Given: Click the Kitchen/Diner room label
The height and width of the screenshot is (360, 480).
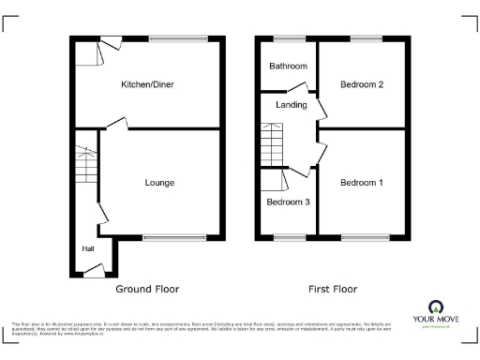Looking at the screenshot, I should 147,84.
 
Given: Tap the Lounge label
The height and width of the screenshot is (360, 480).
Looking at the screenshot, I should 158,182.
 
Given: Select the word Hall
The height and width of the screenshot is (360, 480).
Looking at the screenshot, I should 87,248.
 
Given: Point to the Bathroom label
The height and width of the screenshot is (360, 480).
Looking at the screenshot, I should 288,67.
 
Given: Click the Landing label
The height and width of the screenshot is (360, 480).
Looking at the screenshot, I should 291,105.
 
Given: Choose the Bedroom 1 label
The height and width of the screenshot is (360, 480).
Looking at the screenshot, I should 361,182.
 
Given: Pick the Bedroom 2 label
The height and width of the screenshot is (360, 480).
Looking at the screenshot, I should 361,84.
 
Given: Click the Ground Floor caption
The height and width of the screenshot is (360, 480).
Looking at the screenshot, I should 147,289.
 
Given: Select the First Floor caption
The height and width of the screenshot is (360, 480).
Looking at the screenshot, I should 332,289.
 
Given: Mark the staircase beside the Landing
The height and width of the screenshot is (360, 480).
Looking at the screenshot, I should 271,146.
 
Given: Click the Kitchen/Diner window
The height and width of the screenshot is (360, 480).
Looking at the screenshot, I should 178,38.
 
